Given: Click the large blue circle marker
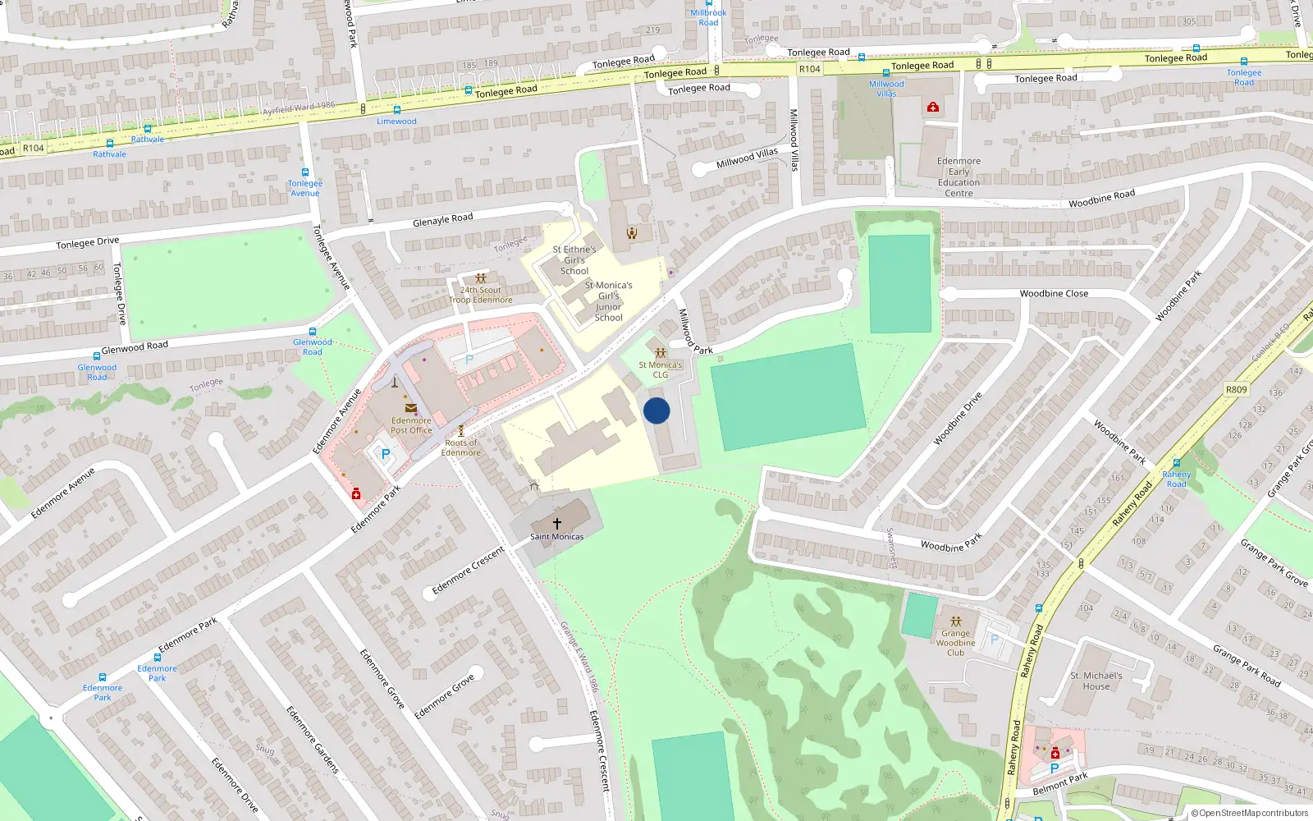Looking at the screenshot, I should pyautogui.click(x=656, y=410).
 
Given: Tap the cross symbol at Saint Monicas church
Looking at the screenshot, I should pyautogui.click(x=557, y=523).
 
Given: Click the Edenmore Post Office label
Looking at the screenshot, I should pyautogui.click(x=411, y=425).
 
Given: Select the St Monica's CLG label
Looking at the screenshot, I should pyautogui.click(x=661, y=369).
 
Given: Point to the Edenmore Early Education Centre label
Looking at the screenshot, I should pyautogui.click(x=958, y=177).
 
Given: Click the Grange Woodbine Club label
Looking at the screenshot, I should pyautogui.click(x=955, y=643).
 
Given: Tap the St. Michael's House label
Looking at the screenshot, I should pyautogui.click(x=1096, y=681).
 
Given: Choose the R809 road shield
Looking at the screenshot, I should pyautogui.click(x=1236, y=389).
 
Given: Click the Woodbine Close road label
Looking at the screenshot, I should pyautogui.click(x=1054, y=293).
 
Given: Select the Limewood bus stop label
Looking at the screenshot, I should pyautogui.click(x=396, y=122).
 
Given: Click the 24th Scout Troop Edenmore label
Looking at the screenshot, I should pyautogui.click(x=481, y=295).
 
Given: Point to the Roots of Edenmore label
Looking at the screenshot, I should pyautogui.click(x=461, y=447).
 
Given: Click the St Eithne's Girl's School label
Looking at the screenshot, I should pyautogui.click(x=574, y=259).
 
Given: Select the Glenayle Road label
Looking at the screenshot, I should pyautogui.click(x=442, y=219).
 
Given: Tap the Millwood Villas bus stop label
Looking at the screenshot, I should pyautogui.click(x=886, y=89).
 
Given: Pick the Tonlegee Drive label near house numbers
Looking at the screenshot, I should pyautogui.click(x=87, y=242).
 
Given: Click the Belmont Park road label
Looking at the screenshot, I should pyautogui.click(x=1059, y=783).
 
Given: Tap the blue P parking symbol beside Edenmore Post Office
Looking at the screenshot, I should pyautogui.click(x=386, y=454).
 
